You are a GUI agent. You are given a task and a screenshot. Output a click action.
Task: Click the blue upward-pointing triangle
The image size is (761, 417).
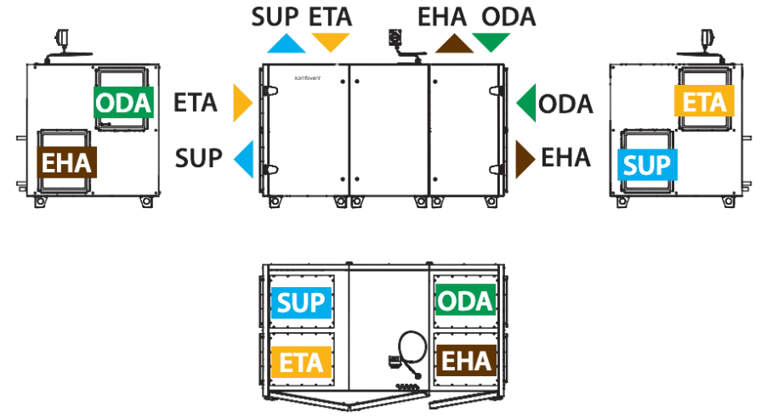click(286, 43)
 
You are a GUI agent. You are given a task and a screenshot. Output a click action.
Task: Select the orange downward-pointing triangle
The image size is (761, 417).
click(331, 42)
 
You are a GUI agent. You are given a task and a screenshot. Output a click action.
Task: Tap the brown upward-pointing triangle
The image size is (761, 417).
click(454, 44)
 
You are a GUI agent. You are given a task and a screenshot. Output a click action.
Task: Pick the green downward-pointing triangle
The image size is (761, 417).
click(491, 42)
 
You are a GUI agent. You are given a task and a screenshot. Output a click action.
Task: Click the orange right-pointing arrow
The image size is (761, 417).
click(242, 103)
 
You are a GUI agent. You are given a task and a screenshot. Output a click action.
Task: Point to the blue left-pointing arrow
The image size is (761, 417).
click(245, 159)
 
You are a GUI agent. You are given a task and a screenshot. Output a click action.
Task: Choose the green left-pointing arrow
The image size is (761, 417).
click(527, 103)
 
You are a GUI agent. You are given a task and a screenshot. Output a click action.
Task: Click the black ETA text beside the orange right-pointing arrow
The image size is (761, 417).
click(195, 103)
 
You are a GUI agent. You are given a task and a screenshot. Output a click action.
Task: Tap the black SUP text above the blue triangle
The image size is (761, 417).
click(275, 17)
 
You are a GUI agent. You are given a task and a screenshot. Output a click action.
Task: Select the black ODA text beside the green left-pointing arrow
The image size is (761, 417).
click(565, 104)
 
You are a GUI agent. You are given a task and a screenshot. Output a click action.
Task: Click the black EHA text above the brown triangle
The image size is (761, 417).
click(442, 17)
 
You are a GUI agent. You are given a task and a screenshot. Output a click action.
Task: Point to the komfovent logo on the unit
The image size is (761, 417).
click(308, 78)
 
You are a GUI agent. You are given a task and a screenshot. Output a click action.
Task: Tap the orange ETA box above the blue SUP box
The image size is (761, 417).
click(704, 101)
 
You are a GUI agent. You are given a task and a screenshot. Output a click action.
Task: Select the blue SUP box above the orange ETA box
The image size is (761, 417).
click(301, 303)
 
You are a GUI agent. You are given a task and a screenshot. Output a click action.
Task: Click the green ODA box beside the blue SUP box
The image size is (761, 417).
click(465, 301)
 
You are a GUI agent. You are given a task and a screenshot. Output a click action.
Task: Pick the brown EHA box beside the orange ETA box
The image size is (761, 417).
click(467, 361)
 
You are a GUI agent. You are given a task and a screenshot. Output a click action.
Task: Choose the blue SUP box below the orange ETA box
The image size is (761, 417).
click(647, 165)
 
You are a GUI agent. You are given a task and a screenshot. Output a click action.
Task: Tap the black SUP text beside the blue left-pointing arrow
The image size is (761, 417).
click(198, 158)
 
